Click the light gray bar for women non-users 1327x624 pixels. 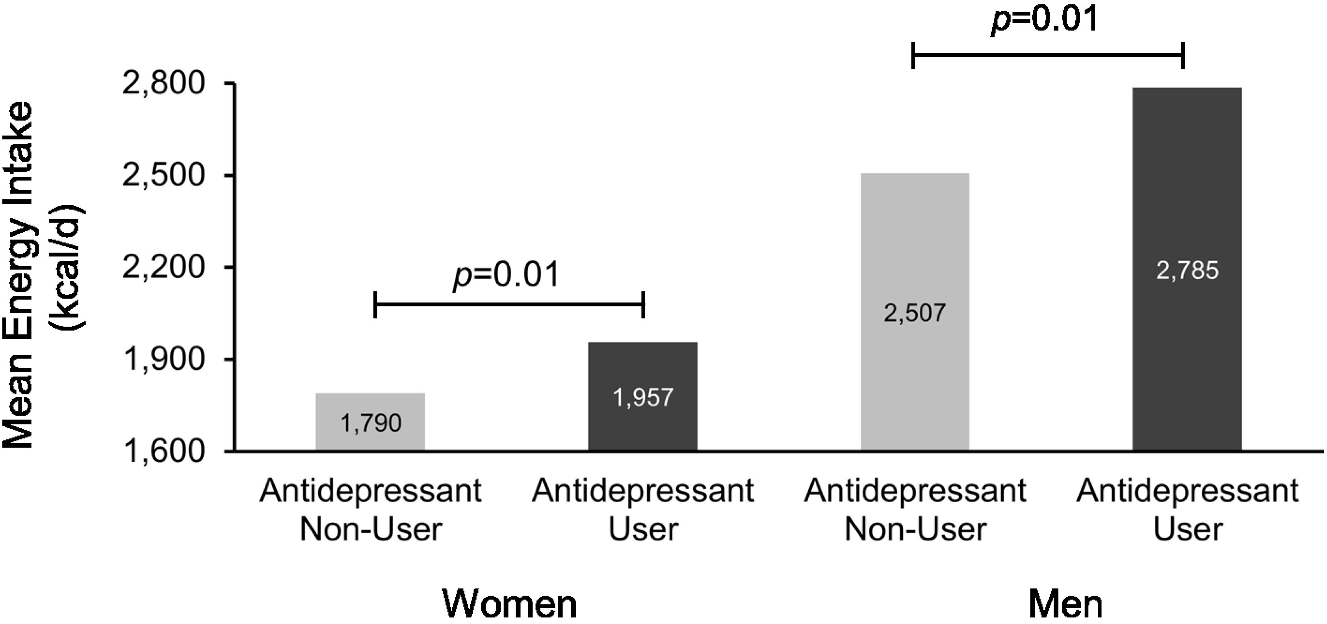pyautogui.click(x=370, y=407)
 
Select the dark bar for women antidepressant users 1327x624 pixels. pyautogui.click(x=642, y=371)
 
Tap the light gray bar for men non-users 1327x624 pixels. pyautogui.click(x=915, y=247)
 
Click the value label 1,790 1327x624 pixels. pyautogui.click(x=371, y=423)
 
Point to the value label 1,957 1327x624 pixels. pyautogui.click(x=643, y=397)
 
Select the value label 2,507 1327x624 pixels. pyautogui.click(x=915, y=313)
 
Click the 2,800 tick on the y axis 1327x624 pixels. pyautogui.click(x=164, y=84)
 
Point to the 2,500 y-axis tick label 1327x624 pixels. pyautogui.click(x=164, y=176)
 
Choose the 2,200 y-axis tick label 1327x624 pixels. pyautogui.click(x=164, y=267)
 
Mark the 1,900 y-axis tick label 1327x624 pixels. pyautogui.click(x=164, y=359)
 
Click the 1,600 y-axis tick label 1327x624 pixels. pyautogui.click(x=164, y=451)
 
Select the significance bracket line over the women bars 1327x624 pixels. pyautogui.click(x=509, y=305)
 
